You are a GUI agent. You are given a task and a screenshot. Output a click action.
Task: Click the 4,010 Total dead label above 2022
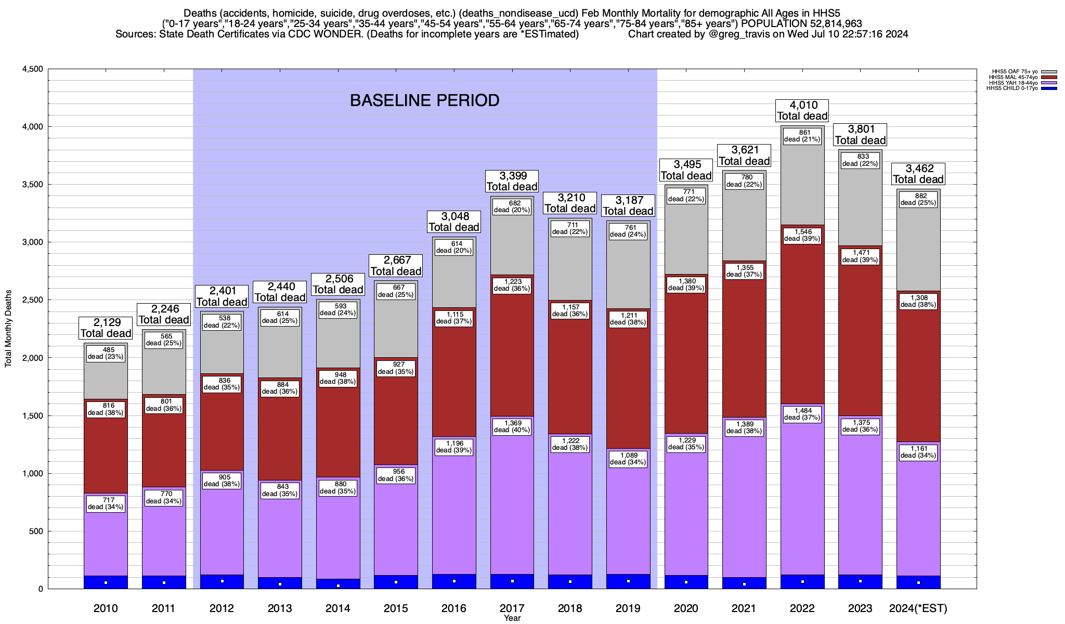pyautogui.click(x=802, y=111)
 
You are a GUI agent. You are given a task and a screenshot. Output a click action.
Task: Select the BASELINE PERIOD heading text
pyautogui.click(x=424, y=100)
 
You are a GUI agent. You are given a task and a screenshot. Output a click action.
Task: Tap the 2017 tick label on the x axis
pyautogui.click(x=512, y=608)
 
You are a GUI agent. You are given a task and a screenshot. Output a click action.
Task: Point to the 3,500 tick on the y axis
pyautogui.click(x=32, y=185)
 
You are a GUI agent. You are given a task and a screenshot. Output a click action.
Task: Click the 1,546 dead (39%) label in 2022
pyautogui.click(x=802, y=235)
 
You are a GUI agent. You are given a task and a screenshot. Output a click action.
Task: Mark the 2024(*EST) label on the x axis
pyautogui.click(x=918, y=608)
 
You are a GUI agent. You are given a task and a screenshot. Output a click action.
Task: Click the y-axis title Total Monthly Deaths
pyautogui.click(x=8, y=329)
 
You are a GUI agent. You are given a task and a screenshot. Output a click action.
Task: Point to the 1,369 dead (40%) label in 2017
pyautogui.click(x=512, y=426)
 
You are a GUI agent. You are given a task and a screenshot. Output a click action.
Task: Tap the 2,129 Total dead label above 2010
pyautogui.click(x=106, y=328)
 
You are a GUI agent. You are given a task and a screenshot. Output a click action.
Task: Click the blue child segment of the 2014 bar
pyautogui.click(x=338, y=583)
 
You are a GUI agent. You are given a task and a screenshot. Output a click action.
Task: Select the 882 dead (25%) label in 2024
pyautogui.click(x=918, y=199)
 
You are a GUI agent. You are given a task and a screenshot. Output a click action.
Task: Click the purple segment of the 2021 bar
pyautogui.click(x=744, y=499)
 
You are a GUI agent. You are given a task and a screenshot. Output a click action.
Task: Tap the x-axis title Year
pyautogui.click(x=512, y=618)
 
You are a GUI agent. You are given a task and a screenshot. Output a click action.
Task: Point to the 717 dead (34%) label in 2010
pyautogui.click(x=106, y=503)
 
